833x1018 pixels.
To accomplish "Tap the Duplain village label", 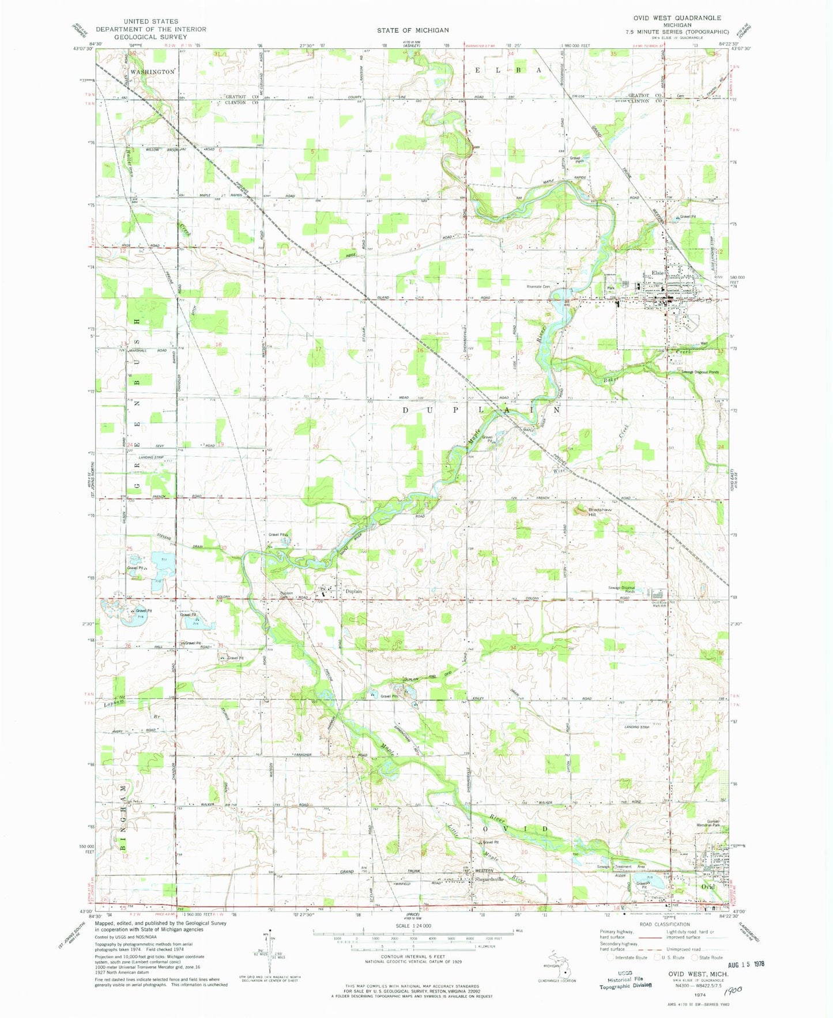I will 353,591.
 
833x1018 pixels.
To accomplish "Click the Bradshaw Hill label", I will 600,512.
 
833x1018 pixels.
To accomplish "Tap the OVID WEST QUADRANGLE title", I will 677,18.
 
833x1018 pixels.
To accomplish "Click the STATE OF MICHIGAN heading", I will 413,29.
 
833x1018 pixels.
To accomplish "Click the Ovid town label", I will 707,886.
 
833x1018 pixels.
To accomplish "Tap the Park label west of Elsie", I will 610,288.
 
